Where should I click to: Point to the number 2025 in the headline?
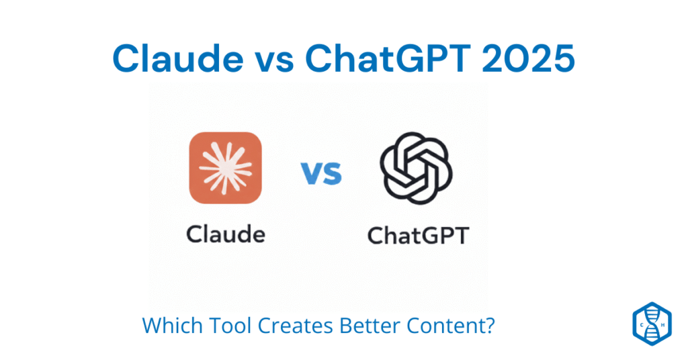(x=527, y=60)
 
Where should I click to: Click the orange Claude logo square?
(x=225, y=167)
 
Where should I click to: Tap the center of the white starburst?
(x=225, y=167)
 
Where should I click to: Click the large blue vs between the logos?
(x=321, y=173)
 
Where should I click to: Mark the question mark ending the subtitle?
(x=491, y=326)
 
